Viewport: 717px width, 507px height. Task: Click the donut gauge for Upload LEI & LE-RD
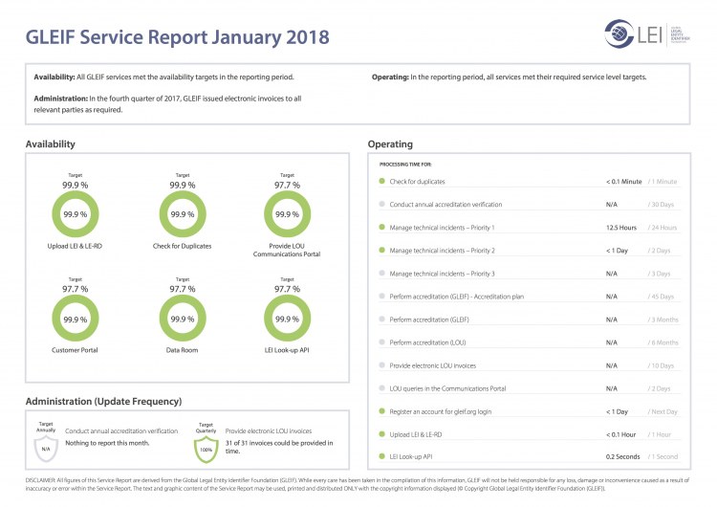pyautogui.click(x=76, y=214)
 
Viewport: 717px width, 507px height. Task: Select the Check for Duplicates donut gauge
pyautogui.click(x=183, y=214)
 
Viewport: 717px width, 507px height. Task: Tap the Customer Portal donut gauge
pyautogui.click(x=76, y=319)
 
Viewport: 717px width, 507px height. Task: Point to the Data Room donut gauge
pyautogui.click(x=183, y=319)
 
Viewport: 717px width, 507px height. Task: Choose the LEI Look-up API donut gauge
pyautogui.click(x=287, y=319)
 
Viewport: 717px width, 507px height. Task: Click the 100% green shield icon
pyautogui.click(x=206, y=447)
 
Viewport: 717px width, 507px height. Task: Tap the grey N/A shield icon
pyautogui.click(x=45, y=447)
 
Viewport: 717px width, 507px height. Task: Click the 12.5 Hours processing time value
pyautogui.click(x=621, y=228)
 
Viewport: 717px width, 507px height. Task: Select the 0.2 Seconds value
pyautogui.click(x=622, y=457)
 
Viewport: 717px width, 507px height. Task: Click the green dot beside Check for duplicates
pyautogui.click(x=381, y=182)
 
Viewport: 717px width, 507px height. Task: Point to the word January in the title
pyautogui.click(x=238, y=37)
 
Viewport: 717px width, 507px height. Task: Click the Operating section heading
pyautogui.click(x=390, y=144)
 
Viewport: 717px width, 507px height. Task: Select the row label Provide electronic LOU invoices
pyautogui.click(x=433, y=365)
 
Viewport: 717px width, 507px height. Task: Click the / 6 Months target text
pyautogui.click(x=662, y=342)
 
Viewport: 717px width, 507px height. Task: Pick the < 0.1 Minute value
pyautogui.click(x=623, y=182)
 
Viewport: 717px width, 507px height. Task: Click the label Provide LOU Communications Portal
pyautogui.click(x=287, y=251)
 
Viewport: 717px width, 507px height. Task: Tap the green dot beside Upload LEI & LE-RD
pyautogui.click(x=381, y=434)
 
